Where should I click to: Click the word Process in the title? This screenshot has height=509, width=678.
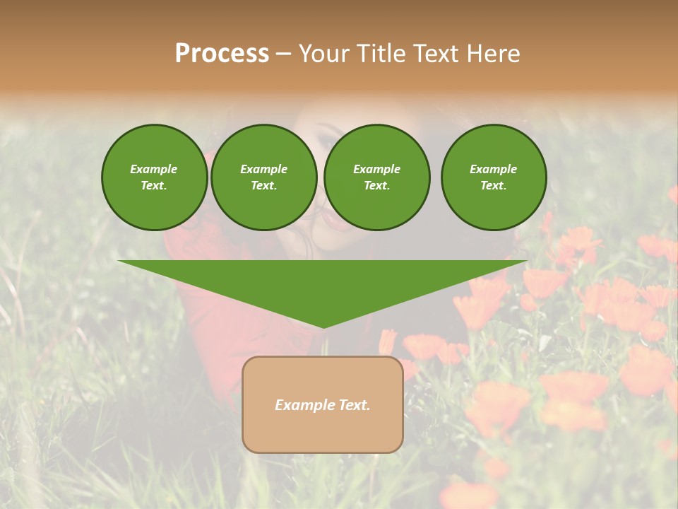point(222,54)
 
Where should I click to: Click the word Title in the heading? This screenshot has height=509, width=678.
point(380,54)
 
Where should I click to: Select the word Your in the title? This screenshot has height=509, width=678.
point(324,54)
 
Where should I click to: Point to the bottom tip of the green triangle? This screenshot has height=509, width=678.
point(323,327)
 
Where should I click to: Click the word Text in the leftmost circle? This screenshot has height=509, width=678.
point(154,185)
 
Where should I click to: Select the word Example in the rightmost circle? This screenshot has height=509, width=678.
point(494,169)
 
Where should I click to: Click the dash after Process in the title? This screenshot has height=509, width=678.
point(282,54)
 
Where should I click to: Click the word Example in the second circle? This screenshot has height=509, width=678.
point(263,169)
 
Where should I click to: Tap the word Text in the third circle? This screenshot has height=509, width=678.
point(376,185)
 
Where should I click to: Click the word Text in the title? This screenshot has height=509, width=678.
point(433,54)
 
